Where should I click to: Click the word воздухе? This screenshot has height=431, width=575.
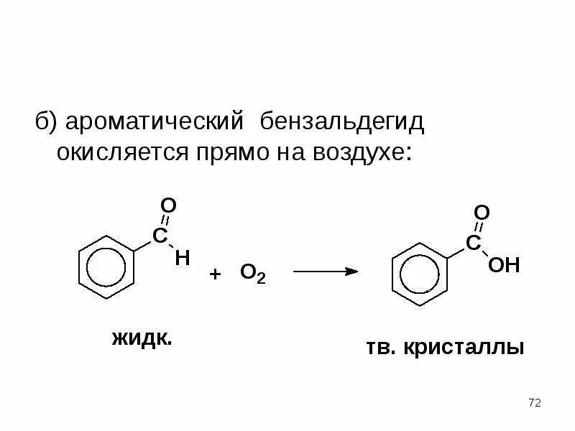tap(359, 152)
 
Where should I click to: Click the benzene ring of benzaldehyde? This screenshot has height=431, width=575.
tap(106, 267)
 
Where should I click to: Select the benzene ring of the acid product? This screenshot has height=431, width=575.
tap(420, 275)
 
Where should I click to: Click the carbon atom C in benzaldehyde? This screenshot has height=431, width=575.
tap(160, 236)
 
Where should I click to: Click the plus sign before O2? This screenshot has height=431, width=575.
tap(214, 274)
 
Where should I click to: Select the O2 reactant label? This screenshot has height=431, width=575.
tap(252, 274)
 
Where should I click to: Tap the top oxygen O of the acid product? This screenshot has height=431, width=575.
tap(482, 213)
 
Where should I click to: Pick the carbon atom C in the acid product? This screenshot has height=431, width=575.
tap(473, 244)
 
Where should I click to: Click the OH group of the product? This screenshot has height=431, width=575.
tap(503, 266)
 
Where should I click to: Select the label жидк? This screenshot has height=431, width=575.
tap(142, 338)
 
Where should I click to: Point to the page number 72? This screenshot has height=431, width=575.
tap(534, 403)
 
